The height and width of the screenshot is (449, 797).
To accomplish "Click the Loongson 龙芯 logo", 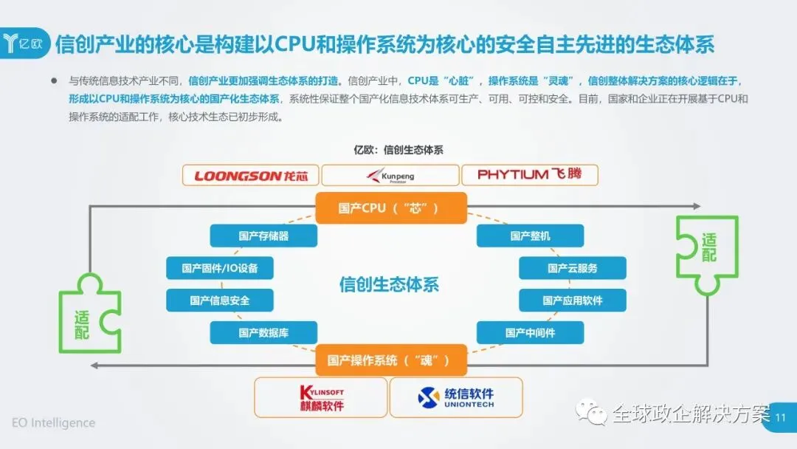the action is [x=251, y=175].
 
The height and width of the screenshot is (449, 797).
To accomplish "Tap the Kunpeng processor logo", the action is [x=390, y=175].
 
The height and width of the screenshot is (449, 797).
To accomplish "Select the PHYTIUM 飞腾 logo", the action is [x=529, y=175].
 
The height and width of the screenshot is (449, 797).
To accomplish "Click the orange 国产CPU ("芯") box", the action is [x=390, y=208].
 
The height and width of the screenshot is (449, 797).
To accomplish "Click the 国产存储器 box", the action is [x=263, y=236].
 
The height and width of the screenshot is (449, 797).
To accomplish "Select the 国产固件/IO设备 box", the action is [x=220, y=268].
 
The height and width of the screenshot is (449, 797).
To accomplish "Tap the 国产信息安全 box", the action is [x=220, y=301].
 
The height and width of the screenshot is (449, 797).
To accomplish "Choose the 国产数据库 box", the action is [x=263, y=333].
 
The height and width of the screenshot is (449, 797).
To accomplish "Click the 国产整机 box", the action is [x=530, y=236].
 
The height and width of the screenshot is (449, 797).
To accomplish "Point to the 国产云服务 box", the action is [x=573, y=268].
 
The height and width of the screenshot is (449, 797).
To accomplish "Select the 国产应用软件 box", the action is [x=573, y=301].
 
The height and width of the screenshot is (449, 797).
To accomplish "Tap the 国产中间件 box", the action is [x=530, y=333].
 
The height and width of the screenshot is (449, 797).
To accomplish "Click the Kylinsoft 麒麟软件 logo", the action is [x=321, y=397].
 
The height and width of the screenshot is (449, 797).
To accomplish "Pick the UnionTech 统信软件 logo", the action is [x=455, y=397].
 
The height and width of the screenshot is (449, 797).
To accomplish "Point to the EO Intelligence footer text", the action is [x=53, y=423].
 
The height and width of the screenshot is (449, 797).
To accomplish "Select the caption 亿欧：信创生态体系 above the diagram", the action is [x=398, y=150].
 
